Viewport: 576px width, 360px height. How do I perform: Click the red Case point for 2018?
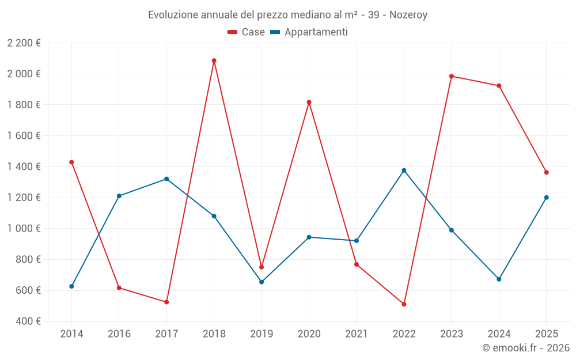coord(214,60)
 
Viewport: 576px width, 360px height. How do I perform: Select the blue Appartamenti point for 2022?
coord(404,170)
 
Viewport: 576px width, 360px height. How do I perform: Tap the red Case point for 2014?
coord(71,162)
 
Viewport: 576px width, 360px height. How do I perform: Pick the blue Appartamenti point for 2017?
coord(166,179)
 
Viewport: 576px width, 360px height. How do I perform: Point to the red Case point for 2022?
coord(404,304)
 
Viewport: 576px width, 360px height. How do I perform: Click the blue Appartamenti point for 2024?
coord(499,279)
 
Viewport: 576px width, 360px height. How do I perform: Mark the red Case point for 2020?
coord(309,103)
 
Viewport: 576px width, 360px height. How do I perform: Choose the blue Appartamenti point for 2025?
coord(547,198)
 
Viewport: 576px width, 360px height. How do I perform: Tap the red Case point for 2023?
coord(452,76)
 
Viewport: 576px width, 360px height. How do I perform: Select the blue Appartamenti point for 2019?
coord(262,282)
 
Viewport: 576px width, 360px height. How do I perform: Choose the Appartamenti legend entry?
coord(309,32)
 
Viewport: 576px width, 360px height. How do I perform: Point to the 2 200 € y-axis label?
coord(24,43)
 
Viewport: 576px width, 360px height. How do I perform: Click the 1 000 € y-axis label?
coord(24,229)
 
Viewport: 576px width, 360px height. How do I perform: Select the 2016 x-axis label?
coord(119,334)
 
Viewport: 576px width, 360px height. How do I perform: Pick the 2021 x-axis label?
coord(357,334)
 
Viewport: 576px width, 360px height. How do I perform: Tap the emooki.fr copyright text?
coord(526,348)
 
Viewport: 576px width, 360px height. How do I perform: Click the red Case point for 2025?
coord(547,172)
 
